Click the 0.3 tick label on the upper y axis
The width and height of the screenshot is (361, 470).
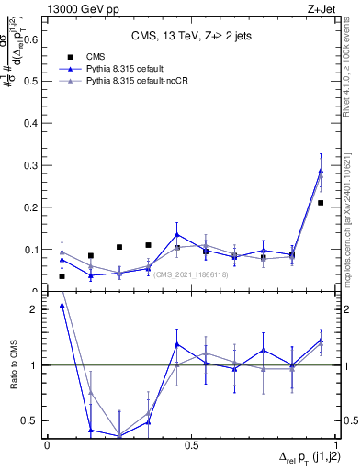[31, 165]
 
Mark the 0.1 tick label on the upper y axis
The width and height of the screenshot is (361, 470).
[31, 250]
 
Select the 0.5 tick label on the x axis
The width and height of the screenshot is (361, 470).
[191, 445]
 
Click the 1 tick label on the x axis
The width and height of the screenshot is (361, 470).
[334, 445]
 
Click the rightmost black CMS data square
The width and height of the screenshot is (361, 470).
[321, 203]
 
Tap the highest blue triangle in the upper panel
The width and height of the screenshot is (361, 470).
[321, 171]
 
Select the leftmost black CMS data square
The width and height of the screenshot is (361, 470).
[62, 276]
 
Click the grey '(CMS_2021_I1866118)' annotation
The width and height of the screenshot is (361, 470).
[193, 274]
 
